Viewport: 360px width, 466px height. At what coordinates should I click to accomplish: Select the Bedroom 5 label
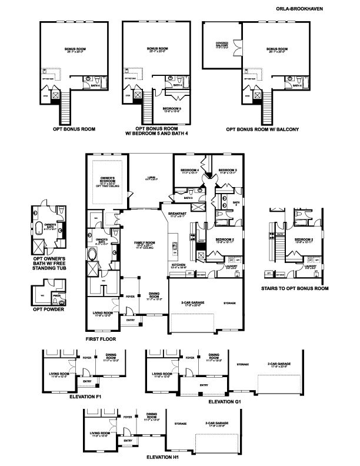[x=171, y=108]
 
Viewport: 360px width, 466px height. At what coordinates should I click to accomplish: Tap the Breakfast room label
[x=176, y=214]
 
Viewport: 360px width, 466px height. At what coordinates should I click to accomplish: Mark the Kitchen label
[x=178, y=265]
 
